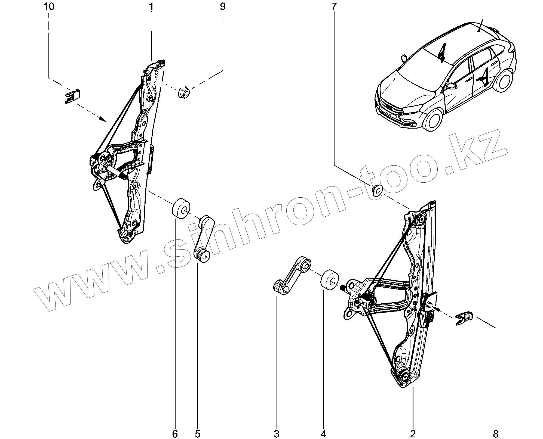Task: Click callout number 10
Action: pyautogui.click(x=49, y=7)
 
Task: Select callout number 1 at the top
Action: pyautogui.click(x=151, y=7)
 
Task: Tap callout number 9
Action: pyautogui.click(x=223, y=7)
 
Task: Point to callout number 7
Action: pyautogui.click(x=334, y=7)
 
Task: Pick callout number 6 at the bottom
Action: pyautogui.click(x=175, y=434)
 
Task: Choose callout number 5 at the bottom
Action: pyautogui.click(x=198, y=434)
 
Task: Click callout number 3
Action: pyautogui.click(x=277, y=434)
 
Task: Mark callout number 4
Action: pyautogui.click(x=324, y=434)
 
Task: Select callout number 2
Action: pyautogui.click(x=413, y=434)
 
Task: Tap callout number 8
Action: pyautogui.click(x=496, y=434)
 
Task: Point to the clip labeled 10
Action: pyautogui.click(x=73, y=96)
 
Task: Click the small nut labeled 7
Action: pyautogui.click(x=377, y=190)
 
